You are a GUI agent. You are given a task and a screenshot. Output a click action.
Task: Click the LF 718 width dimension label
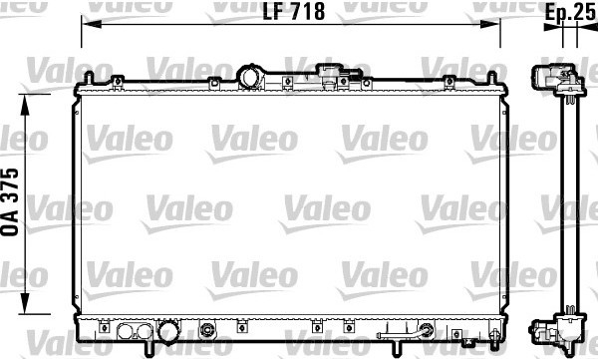coord(294,11)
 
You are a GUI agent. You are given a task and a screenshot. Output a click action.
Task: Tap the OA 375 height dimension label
coord(10,201)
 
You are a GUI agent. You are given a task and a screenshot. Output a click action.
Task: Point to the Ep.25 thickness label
coord(569,12)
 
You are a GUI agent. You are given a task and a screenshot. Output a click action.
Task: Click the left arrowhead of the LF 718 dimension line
coord(92,24)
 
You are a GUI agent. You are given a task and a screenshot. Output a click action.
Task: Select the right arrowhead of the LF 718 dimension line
coord(489,24)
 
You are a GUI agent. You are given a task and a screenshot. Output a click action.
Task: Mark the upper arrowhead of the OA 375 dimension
coord(25,105)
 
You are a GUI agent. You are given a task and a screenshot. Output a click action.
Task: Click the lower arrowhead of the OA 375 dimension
coord(25,304)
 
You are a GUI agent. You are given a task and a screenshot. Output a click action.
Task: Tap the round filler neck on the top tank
coord(250,77)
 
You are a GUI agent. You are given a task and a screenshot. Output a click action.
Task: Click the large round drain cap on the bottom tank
coord(168,332)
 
